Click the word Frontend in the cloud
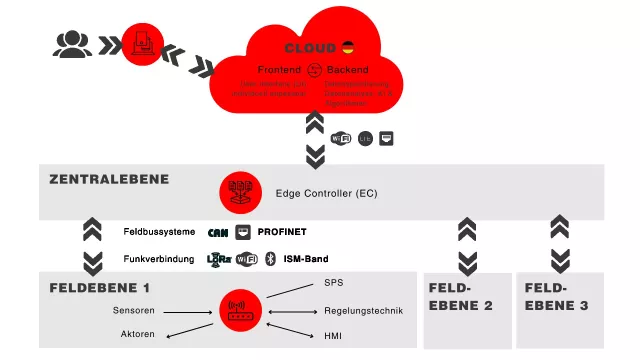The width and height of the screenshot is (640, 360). (x=279, y=70)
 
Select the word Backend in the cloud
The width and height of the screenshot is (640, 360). (x=347, y=70)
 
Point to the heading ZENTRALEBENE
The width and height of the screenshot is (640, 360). (x=109, y=180)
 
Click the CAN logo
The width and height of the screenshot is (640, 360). (x=218, y=232)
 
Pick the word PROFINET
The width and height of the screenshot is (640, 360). (x=282, y=231)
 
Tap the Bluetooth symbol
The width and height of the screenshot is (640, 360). (x=268, y=259)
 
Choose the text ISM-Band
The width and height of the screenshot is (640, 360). (x=307, y=259)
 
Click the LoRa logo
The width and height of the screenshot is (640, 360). (x=218, y=259)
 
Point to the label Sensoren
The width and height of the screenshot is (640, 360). (x=133, y=310)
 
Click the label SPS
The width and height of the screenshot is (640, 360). (x=333, y=283)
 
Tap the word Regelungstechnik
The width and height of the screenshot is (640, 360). (x=363, y=311)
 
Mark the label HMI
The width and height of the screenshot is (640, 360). (x=333, y=336)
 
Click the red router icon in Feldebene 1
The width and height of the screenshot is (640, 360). (x=239, y=309)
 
